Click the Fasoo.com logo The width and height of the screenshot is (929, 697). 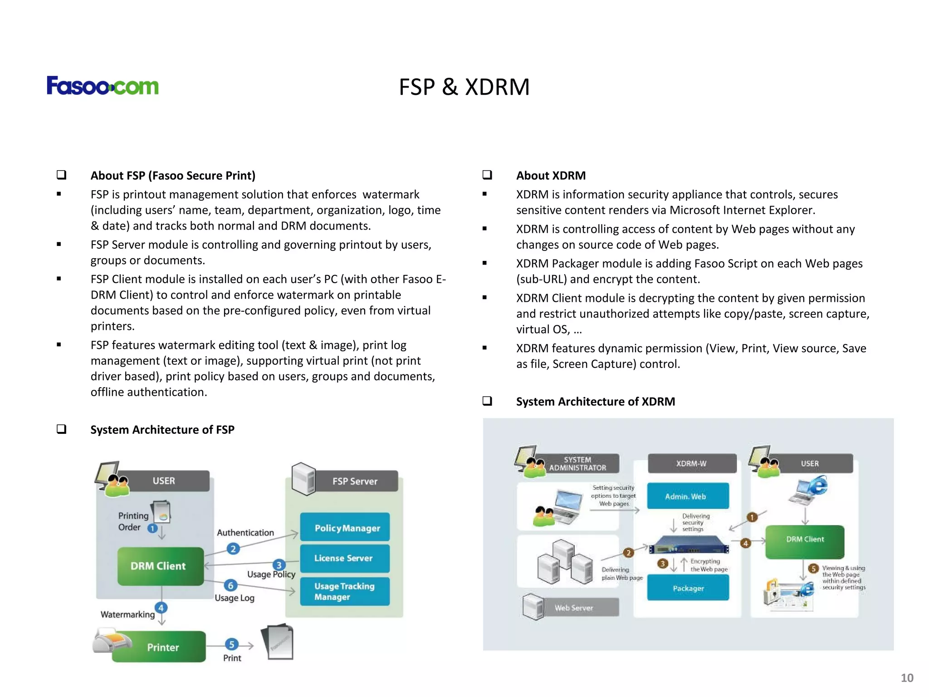(103, 86)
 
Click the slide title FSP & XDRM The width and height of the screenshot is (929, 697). (464, 87)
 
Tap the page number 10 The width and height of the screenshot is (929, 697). (906, 678)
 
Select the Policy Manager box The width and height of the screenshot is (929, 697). (345, 528)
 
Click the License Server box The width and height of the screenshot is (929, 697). (344, 558)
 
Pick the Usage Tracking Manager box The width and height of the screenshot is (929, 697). (344, 591)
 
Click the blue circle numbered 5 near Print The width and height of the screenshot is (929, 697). (231, 644)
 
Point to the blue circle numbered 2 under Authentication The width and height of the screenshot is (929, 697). (233, 549)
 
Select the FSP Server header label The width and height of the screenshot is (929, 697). (355, 481)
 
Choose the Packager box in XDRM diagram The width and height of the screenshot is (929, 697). (688, 588)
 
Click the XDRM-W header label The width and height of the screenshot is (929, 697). (691, 463)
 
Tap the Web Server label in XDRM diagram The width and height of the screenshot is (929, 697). (574, 608)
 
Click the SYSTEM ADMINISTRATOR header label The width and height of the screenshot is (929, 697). (577, 464)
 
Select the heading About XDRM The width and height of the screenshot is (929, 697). (551, 176)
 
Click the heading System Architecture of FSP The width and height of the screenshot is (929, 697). (162, 430)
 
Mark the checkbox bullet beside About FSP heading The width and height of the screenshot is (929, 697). (62, 175)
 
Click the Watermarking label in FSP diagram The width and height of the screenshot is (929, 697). (127, 614)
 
